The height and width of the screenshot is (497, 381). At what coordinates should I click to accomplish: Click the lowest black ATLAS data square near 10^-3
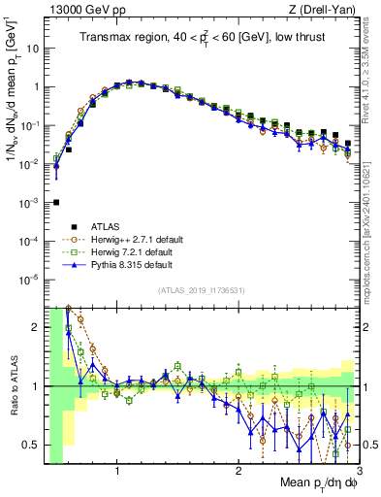click(x=56, y=202)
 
